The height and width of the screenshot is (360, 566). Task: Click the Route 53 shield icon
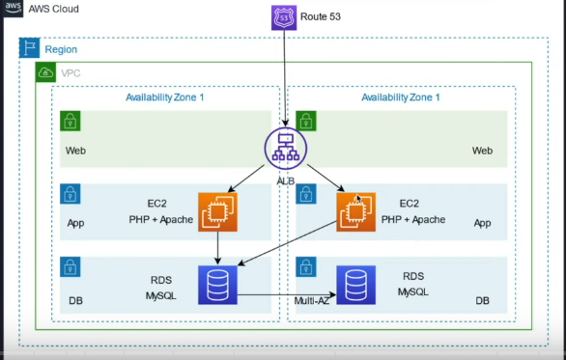point(284,16)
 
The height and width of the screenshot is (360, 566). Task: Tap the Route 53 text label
point(322,16)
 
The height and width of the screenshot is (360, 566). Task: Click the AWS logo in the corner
point(14,9)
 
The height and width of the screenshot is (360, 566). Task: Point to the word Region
point(61,49)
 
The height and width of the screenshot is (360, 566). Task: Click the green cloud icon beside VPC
point(45,73)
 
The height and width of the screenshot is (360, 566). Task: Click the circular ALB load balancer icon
point(284,148)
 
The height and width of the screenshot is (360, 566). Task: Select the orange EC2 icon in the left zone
point(217,211)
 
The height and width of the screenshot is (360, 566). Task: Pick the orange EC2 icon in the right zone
point(355,211)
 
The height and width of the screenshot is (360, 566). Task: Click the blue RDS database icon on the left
point(217,285)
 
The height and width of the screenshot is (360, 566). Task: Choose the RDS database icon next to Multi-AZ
point(355,285)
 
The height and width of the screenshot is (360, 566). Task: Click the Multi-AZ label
point(313,301)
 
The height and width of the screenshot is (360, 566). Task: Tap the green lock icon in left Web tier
point(70,121)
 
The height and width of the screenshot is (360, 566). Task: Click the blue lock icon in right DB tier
point(306,267)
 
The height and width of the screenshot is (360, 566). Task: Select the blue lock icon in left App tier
point(70,194)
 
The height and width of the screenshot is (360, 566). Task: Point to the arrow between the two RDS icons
point(286,294)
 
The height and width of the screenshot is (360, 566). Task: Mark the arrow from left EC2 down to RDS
point(217,248)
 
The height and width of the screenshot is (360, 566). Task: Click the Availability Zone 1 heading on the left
point(165,97)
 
